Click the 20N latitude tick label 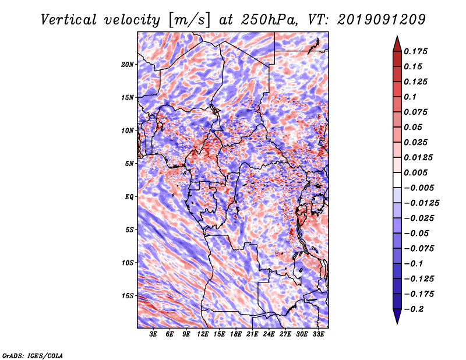(128, 64)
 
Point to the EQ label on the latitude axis (129, 196)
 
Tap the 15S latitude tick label (128, 295)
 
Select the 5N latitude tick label (129, 163)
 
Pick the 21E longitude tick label (252, 334)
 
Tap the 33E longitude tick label (318, 334)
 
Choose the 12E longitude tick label (203, 334)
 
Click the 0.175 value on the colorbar (417, 51)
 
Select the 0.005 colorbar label (417, 172)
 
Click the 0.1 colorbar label (411, 97)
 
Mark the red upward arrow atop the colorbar (396, 43)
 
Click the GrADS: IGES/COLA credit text (31, 355)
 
